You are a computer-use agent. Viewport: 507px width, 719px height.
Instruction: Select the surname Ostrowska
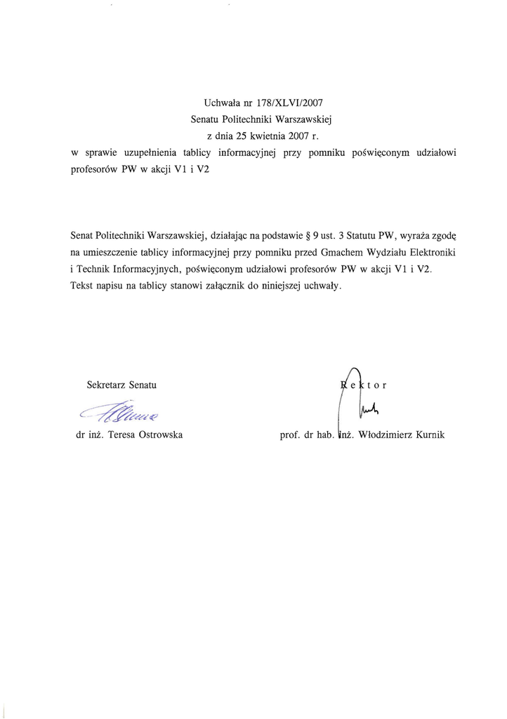tap(157, 435)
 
